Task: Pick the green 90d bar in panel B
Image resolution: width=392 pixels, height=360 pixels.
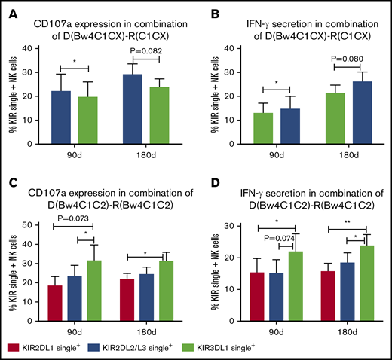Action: tap(264, 128)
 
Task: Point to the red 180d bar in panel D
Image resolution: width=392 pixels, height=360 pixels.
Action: tap(328, 295)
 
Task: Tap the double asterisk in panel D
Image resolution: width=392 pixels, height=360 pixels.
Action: tap(348, 223)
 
